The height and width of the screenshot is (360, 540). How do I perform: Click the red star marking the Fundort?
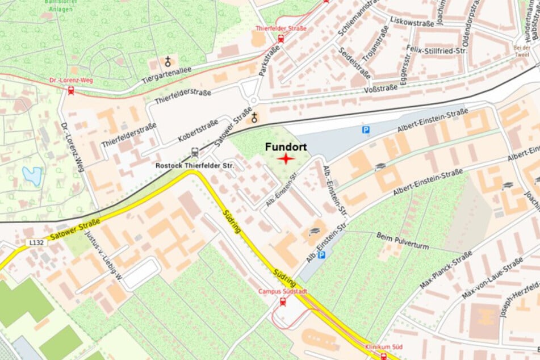(286, 159)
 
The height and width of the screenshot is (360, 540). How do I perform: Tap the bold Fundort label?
(286, 147)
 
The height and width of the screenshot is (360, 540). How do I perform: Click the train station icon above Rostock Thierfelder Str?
(195, 152)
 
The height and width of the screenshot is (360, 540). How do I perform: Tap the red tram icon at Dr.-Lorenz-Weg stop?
(71, 90)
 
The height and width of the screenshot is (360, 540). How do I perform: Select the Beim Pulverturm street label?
(403, 240)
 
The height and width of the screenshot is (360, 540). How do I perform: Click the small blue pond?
(32, 176)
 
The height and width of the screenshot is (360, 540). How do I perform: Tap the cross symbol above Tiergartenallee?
(168, 61)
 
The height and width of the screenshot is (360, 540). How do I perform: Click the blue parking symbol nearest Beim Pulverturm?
(321, 256)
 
